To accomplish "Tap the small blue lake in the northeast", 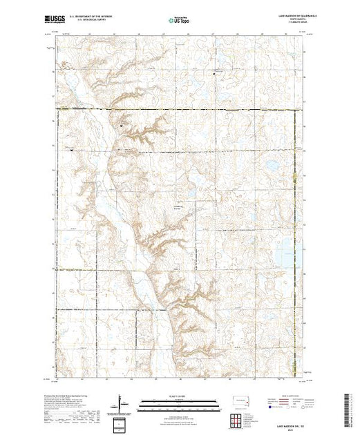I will [x=272, y=166].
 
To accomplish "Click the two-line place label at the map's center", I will [x=179, y=205].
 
